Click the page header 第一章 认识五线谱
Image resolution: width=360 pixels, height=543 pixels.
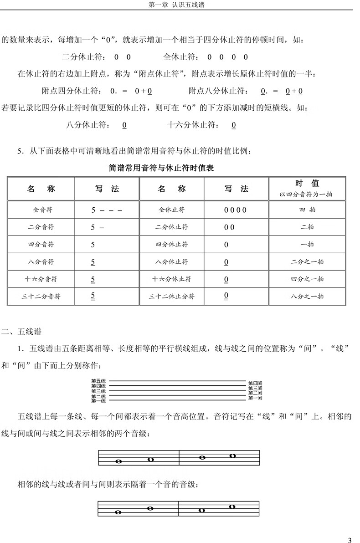point(180,5)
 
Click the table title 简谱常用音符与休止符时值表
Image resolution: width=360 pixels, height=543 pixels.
point(161,168)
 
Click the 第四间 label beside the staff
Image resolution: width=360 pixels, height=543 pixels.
point(255,383)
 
